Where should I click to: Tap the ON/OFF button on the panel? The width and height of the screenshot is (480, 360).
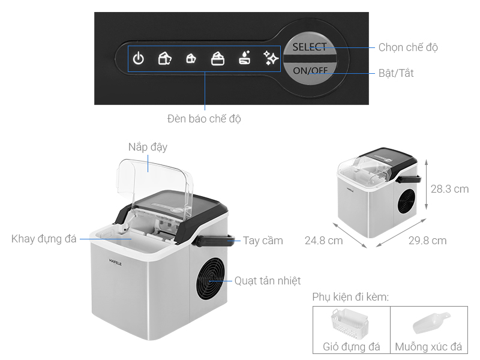click(x=310, y=70)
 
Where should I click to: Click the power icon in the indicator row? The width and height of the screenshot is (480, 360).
click(x=139, y=58)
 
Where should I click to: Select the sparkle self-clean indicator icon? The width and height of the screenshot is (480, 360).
click(x=271, y=58)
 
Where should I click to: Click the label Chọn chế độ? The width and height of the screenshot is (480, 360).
click(x=408, y=47)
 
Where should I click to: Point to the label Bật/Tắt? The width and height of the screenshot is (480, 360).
click(x=395, y=73)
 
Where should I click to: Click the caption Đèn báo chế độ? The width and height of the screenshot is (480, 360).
click(x=204, y=119)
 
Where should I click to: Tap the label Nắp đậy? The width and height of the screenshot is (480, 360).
click(x=148, y=147)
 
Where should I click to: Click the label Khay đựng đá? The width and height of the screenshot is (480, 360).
click(x=44, y=239)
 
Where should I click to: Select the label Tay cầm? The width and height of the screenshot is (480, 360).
click(x=263, y=241)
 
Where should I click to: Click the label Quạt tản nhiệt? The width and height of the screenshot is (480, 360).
click(x=268, y=280)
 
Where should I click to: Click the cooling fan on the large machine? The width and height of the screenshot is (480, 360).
click(x=212, y=280)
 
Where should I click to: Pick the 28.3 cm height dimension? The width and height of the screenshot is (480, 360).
click(x=449, y=188)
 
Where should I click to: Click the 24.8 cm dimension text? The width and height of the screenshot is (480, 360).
click(x=323, y=241)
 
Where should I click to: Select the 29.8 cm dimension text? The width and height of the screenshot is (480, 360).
click(x=427, y=241)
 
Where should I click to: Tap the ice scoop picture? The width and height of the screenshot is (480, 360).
click(x=428, y=324)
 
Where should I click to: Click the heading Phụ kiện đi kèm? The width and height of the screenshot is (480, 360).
click(x=350, y=298)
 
